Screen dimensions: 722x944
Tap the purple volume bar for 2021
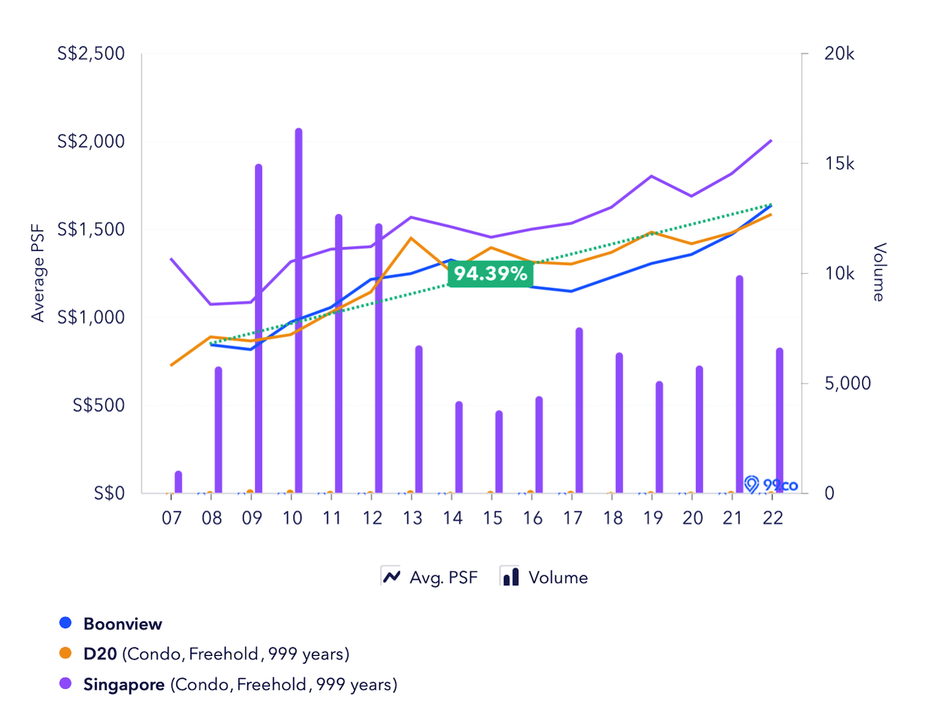[x=739, y=385]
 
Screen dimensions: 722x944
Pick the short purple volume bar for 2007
[x=179, y=482]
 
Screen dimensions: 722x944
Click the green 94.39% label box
[x=490, y=274]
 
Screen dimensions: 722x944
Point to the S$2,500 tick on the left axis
[x=93, y=54]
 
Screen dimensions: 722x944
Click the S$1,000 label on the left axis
[x=93, y=318]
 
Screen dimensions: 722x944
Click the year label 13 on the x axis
[x=411, y=518]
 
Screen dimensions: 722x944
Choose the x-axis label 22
[x=773, y=518]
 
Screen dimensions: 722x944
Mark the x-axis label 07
[x=171, y=518]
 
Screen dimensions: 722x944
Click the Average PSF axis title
[x=38, y=273]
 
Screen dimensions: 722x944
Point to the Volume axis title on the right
[x=879, y=272]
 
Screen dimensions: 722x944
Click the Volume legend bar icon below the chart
[x=511, y=576]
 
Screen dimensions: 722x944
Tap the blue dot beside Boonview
[x=67, y=624]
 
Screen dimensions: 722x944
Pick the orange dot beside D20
[x=67, y=654]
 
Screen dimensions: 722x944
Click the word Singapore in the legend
[x=124, y=684]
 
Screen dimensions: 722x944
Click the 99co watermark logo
[x=771, y=484]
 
